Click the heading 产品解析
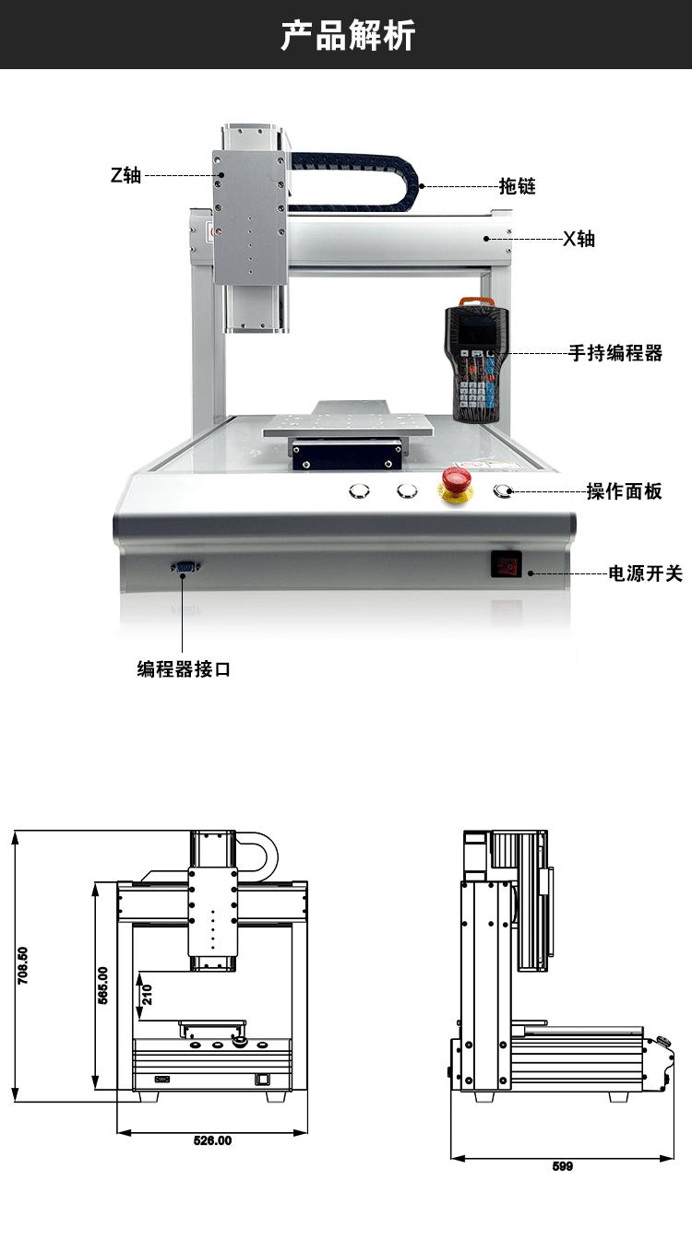tap(348, 35)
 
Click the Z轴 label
tap(125, 175)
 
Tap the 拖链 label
tap(518, 186)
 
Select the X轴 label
tap(579, 239)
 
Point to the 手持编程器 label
tap(615, 352)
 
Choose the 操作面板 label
tap(625, 491)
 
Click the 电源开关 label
tap(646, 573)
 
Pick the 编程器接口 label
tap(184, 669)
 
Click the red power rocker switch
tap(507, 565)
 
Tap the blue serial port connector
tap(185, 567)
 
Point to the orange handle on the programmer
tap(476, 301)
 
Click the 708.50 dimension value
tap(22, 965)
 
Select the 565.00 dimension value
tap(102, 985)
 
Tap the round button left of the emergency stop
tap(407, 490)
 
